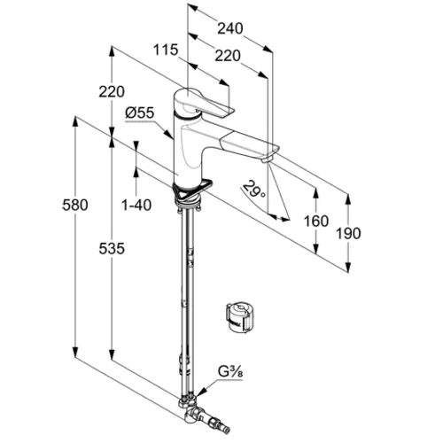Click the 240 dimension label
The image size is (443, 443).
230,28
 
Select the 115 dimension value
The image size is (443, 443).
166,50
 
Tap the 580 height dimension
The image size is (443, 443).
75,205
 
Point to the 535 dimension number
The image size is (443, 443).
112,248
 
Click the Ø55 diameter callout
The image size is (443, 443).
140,113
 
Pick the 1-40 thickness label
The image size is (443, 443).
136,205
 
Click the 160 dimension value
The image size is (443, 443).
316,221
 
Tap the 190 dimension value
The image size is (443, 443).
348,234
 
